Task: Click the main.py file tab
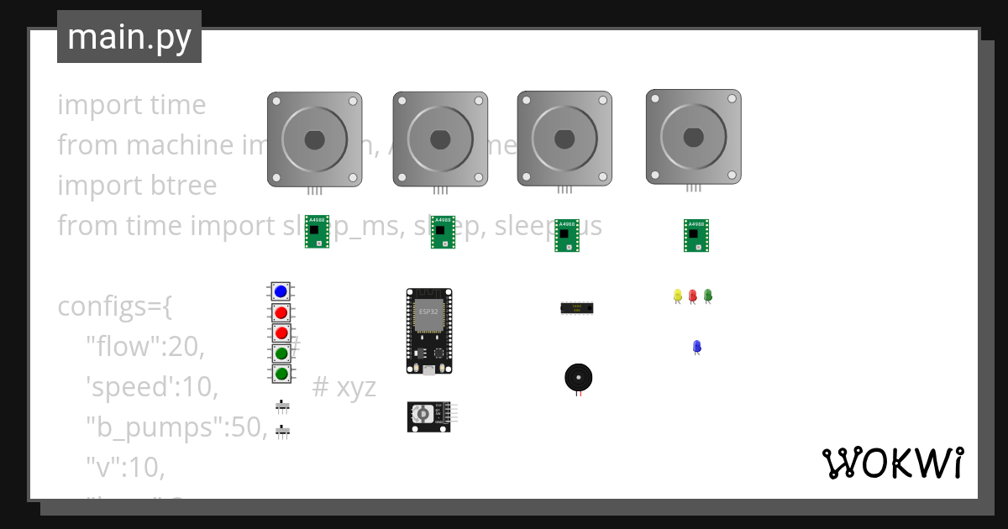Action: [129, 37]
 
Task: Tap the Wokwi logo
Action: [892, 463]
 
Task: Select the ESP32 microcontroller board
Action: [428, 331]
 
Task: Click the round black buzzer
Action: [577, 377]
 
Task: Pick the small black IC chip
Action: [577, 308]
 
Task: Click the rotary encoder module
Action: [428, 416]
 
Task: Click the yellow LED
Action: [677, 296]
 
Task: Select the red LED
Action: [692, 296]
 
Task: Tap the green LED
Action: [707, 296]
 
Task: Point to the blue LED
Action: [696, 346]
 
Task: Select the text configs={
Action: [115, 306]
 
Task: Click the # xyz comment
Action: [344, 387]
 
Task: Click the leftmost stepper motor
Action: [314, 139]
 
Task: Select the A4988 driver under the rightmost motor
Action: [696, 235]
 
